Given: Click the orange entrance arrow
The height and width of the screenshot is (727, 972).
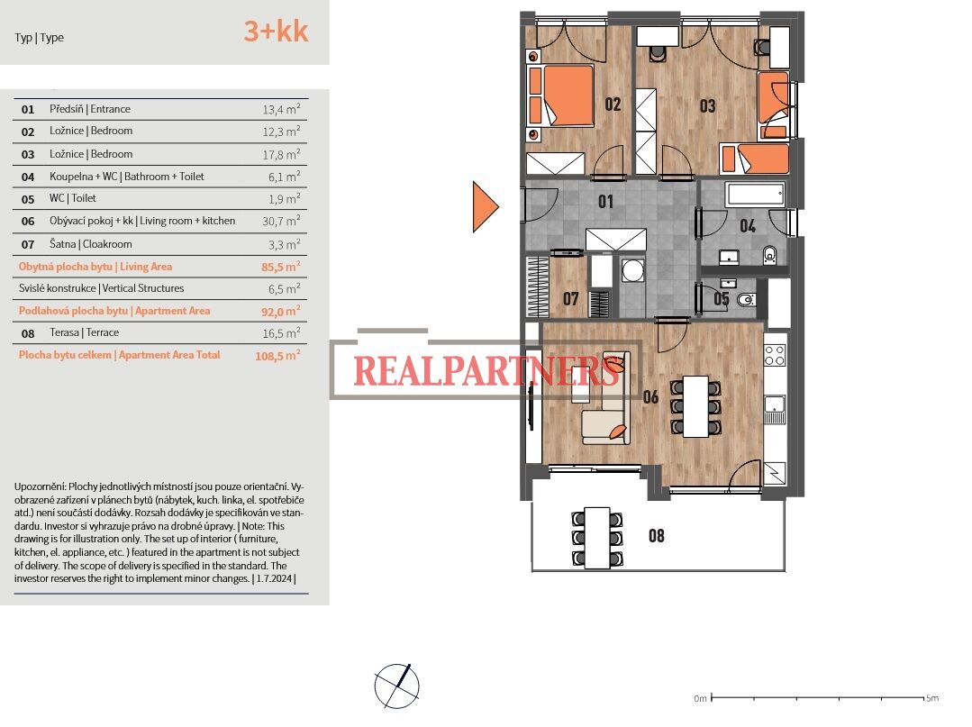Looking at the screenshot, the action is coord(485,206).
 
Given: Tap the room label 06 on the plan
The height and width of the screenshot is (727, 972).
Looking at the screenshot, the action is coord(650,396).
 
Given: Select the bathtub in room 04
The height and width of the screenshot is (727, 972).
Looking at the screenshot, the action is coord(755,195).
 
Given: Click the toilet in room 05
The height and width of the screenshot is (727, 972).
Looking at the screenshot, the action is coord(746,300).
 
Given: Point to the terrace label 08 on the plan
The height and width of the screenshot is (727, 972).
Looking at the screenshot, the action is coord(657,535).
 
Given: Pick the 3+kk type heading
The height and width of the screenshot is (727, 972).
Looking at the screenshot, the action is coord(276,31).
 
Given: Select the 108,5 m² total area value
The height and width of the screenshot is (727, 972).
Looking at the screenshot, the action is coord(277,355).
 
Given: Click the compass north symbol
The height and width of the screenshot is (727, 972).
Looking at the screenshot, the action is coord(396,686).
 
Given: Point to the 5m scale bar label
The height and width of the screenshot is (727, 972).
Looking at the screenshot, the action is coord(932,698).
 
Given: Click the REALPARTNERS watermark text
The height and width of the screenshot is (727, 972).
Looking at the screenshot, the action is coord(486,370).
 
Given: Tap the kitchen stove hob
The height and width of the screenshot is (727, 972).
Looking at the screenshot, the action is coord(774,356).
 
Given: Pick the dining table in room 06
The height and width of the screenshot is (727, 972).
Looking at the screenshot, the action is coord(695,406).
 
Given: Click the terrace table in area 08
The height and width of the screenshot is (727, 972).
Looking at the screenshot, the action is coord(597,538).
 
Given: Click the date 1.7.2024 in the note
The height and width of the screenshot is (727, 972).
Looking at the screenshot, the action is coord(273,579).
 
